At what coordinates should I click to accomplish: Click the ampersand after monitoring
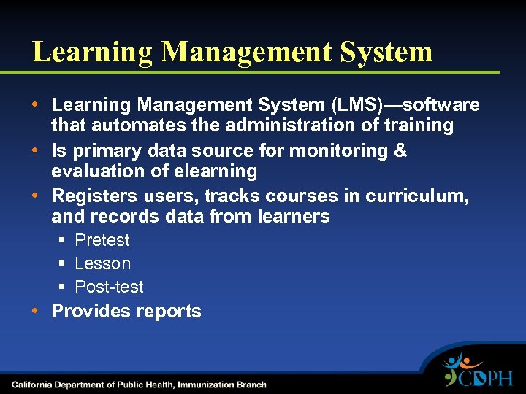[400, 151]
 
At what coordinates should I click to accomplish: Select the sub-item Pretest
[102, 240]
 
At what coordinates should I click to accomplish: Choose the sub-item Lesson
[103, 263]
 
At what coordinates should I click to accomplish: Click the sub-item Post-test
[110, 287]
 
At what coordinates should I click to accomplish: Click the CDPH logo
[478, 371]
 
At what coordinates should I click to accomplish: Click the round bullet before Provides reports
[36, 311]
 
